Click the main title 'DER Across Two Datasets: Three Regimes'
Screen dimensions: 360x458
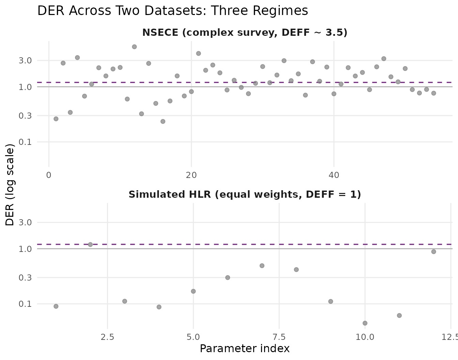point(172,11)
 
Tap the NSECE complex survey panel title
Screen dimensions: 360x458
point(245,33)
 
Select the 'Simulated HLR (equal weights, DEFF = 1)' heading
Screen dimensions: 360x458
point(245,195)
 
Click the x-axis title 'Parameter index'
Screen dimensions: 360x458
point(245,349)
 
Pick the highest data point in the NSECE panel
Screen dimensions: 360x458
point(134,47)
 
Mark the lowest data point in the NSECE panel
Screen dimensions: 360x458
point(163,121)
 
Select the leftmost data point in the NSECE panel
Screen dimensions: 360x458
point(56,119)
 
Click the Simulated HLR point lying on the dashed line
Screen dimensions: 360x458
point(90,244)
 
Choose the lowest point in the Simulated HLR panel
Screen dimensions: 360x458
point(365,323)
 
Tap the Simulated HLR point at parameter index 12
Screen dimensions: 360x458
point(433,252)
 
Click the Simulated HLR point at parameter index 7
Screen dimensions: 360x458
point(262,266)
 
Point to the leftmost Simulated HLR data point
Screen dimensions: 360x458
point(56,306)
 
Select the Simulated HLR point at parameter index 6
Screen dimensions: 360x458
point(228,277)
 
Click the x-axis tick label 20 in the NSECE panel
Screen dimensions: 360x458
point(192,175)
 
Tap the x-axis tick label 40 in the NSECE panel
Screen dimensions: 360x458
point(334,175)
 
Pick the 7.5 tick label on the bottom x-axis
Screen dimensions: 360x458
point(279,337)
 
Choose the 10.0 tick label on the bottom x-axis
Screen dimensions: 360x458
point(365,337)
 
